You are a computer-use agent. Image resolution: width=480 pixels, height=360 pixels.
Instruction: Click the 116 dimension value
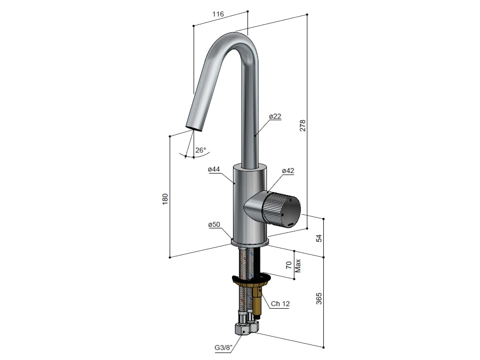tap(218, 14)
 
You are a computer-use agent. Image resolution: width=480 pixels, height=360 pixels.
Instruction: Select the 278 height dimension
tap(302, 126)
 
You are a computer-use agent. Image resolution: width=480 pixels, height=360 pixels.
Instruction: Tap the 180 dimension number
tap(165, 199)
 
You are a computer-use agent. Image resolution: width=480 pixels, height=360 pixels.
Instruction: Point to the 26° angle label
tap(201, 150)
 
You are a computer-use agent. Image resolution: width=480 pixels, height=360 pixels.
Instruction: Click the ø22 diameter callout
tap(275, 116)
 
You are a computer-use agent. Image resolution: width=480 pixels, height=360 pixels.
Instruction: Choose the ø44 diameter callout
tap(214, 169)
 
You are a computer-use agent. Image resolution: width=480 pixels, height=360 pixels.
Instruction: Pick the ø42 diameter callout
tap(288, 171)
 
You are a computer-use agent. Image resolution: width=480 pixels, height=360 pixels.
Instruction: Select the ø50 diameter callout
tap(214, 224)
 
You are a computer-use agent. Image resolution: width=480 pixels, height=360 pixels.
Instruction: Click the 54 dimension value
tap(319, 238)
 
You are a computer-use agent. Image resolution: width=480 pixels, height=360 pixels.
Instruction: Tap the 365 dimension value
tap(319, 299)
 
